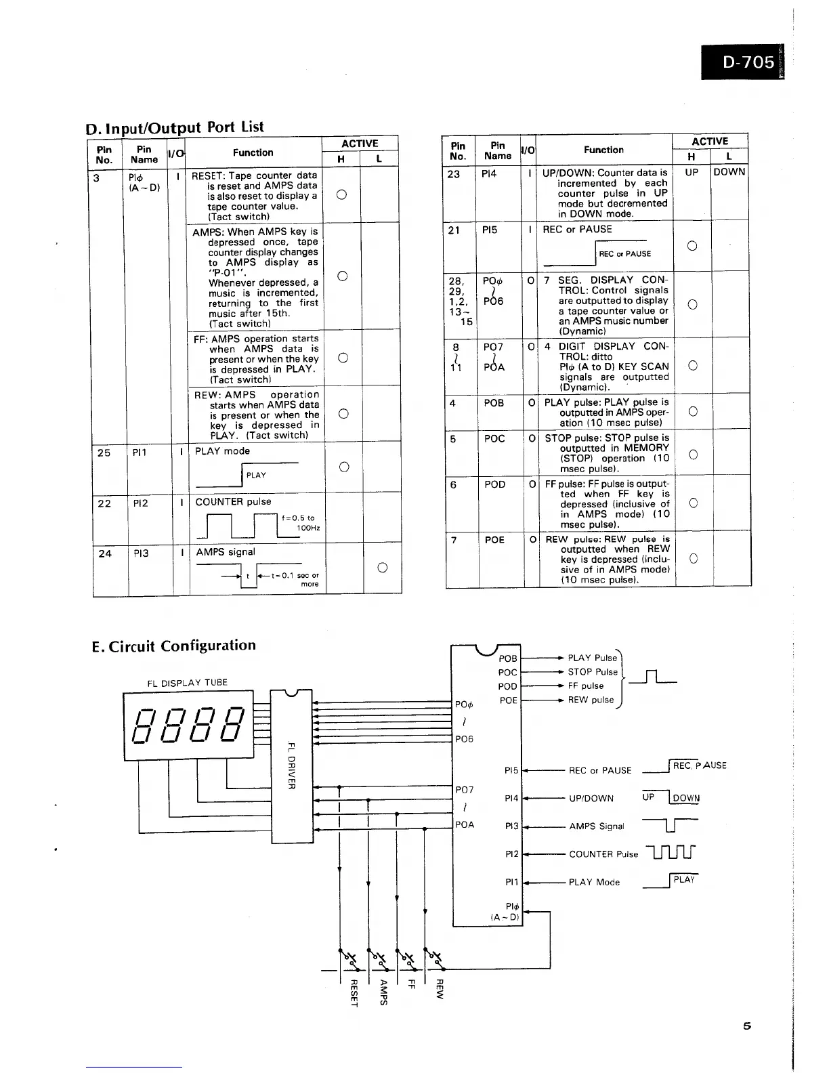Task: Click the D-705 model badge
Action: coord(748,62)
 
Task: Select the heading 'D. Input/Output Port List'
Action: coord(175,127)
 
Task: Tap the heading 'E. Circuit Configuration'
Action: coord(174,646)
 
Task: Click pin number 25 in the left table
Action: coord(104,453)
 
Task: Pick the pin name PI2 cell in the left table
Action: coord(142,503)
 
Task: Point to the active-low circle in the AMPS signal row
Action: coord(382,568)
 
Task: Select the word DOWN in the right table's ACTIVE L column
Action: coord(729,172)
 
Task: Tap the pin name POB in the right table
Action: coord(494,403)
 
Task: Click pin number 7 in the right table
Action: coord(453,540)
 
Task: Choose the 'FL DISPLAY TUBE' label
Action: coord(188,682)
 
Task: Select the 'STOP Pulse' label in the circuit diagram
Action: coord(593,672)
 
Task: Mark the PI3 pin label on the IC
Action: coord(511,826)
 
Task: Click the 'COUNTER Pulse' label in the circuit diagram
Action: coord(603,854)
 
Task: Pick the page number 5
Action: coord(747,1026)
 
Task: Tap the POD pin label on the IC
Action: coord(507,686)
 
